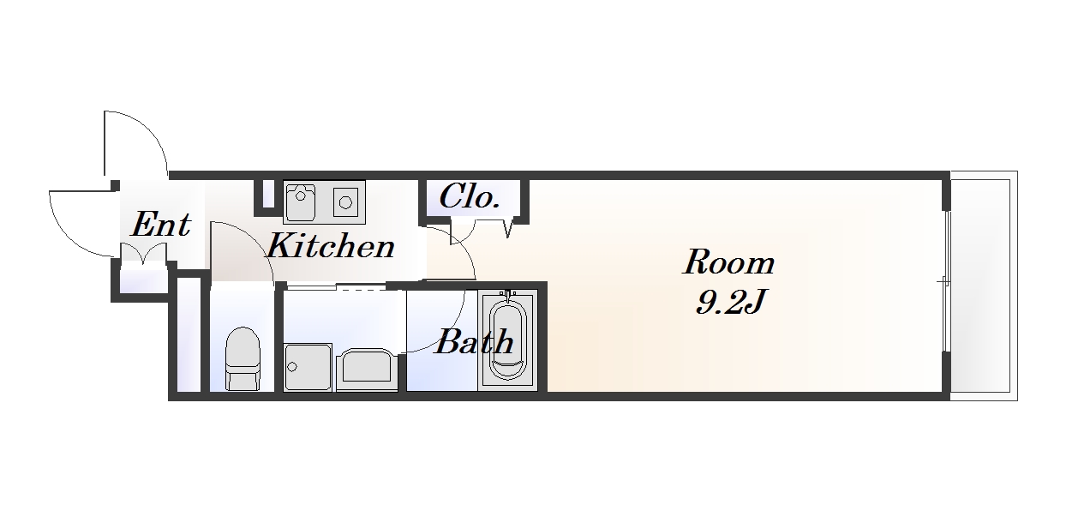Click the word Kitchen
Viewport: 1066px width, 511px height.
click(x=331, y=245)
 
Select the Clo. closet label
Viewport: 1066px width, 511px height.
click(x=470, y=196)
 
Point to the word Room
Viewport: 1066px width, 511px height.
click(x=728, y=262)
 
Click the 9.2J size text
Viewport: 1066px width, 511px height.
click(x=729, y=301)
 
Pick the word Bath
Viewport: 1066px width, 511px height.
click(x=475, y=341)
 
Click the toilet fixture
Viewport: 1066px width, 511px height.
click(x=243, y=358)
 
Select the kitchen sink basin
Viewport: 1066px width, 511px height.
click(x=300, y=202)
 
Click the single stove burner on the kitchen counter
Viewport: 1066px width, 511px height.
click(x=345, y=202)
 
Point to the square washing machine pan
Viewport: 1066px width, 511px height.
click(x=308, y=367)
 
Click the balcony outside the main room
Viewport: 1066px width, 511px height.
click(x=984, y=286)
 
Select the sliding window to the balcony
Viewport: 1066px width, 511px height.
click(x=947, y=282)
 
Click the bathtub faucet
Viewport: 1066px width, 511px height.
click(x=508, y=296)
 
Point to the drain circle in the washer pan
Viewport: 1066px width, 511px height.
click(x=292, y=367)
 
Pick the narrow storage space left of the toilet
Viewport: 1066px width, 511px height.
click(x=189, y=334)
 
